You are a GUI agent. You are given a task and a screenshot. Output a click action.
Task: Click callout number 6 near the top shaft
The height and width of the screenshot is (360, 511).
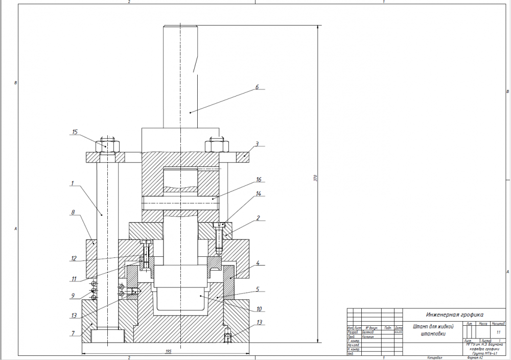tap(258, 87)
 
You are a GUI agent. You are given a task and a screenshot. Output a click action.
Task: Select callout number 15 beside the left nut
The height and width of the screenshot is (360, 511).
tap(75, 132)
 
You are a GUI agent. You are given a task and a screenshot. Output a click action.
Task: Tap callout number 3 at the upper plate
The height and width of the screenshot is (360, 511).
tap(258, 144)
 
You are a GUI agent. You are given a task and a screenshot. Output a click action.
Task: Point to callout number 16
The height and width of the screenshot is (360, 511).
tap(259, 180)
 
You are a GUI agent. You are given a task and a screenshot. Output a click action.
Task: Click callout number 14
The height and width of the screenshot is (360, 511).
tap(259, 194)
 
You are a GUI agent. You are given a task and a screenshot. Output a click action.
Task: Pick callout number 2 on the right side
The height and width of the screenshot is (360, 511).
tap(258, 218)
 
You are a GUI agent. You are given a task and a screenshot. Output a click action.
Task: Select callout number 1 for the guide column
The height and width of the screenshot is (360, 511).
tap(73, 183)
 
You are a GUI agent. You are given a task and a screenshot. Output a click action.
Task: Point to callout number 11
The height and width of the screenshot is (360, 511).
tap(74, 279)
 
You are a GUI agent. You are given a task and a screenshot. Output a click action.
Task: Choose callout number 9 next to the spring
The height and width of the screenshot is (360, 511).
tap(74, 296)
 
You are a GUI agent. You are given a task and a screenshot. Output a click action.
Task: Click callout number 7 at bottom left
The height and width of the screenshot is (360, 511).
tap(74, 333)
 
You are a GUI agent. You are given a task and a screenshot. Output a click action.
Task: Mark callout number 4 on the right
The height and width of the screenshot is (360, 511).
tap(258, 263)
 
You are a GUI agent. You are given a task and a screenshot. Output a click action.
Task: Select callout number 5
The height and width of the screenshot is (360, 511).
tap(258, 289)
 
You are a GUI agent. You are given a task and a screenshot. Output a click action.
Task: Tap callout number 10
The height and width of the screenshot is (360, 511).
tap(259, 308)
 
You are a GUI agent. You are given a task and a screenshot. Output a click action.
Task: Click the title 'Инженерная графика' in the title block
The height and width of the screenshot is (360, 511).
tap(451, 315)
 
